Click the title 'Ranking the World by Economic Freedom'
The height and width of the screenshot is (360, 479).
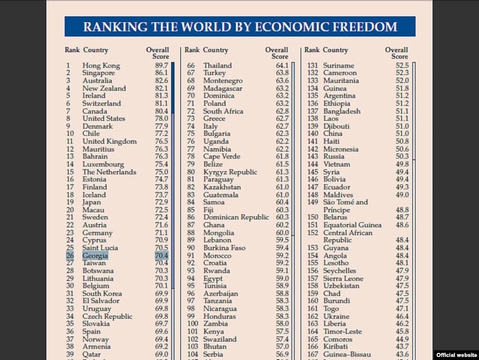point(239,27)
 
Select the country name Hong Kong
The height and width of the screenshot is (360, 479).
point(101,65)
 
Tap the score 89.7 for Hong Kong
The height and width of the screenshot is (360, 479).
point(162,65)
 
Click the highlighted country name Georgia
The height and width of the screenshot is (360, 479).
point(95,256)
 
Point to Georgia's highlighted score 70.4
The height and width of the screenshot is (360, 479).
point(162,256)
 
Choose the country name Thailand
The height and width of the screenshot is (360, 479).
point(217,65)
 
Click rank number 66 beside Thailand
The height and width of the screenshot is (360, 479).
point(191,65)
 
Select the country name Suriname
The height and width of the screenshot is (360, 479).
point(339,65)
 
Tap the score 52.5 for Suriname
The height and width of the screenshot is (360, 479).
point(402,65)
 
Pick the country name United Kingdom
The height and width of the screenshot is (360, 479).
point(110,141)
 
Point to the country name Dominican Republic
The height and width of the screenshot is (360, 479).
point(236,217)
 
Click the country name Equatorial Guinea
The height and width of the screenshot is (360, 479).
point(352,225)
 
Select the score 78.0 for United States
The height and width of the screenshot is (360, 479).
point(162,119)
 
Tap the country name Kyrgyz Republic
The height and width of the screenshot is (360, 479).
point(230,172)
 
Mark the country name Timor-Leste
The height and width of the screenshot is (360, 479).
point(342,331)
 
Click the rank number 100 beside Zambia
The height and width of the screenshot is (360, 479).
point(192,323)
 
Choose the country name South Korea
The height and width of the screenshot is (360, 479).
point(103,294)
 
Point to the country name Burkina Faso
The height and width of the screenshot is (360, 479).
point(225,248)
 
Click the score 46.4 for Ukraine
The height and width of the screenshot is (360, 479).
point(402,316)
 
